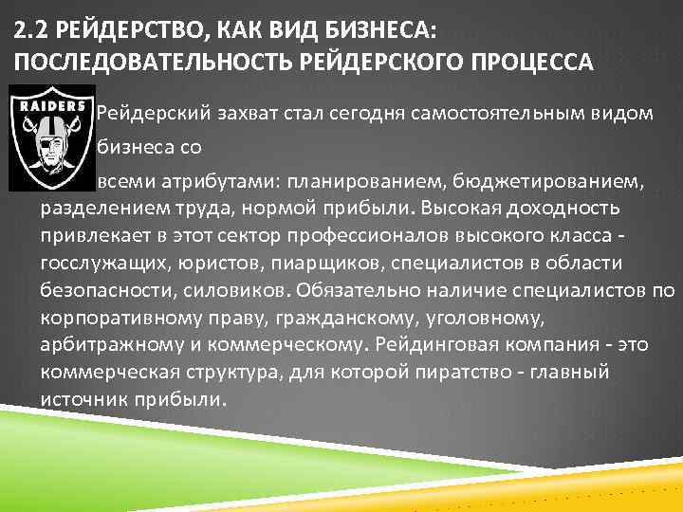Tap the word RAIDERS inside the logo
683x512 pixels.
point(46,105)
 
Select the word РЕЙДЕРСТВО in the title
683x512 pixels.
point(118,30)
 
